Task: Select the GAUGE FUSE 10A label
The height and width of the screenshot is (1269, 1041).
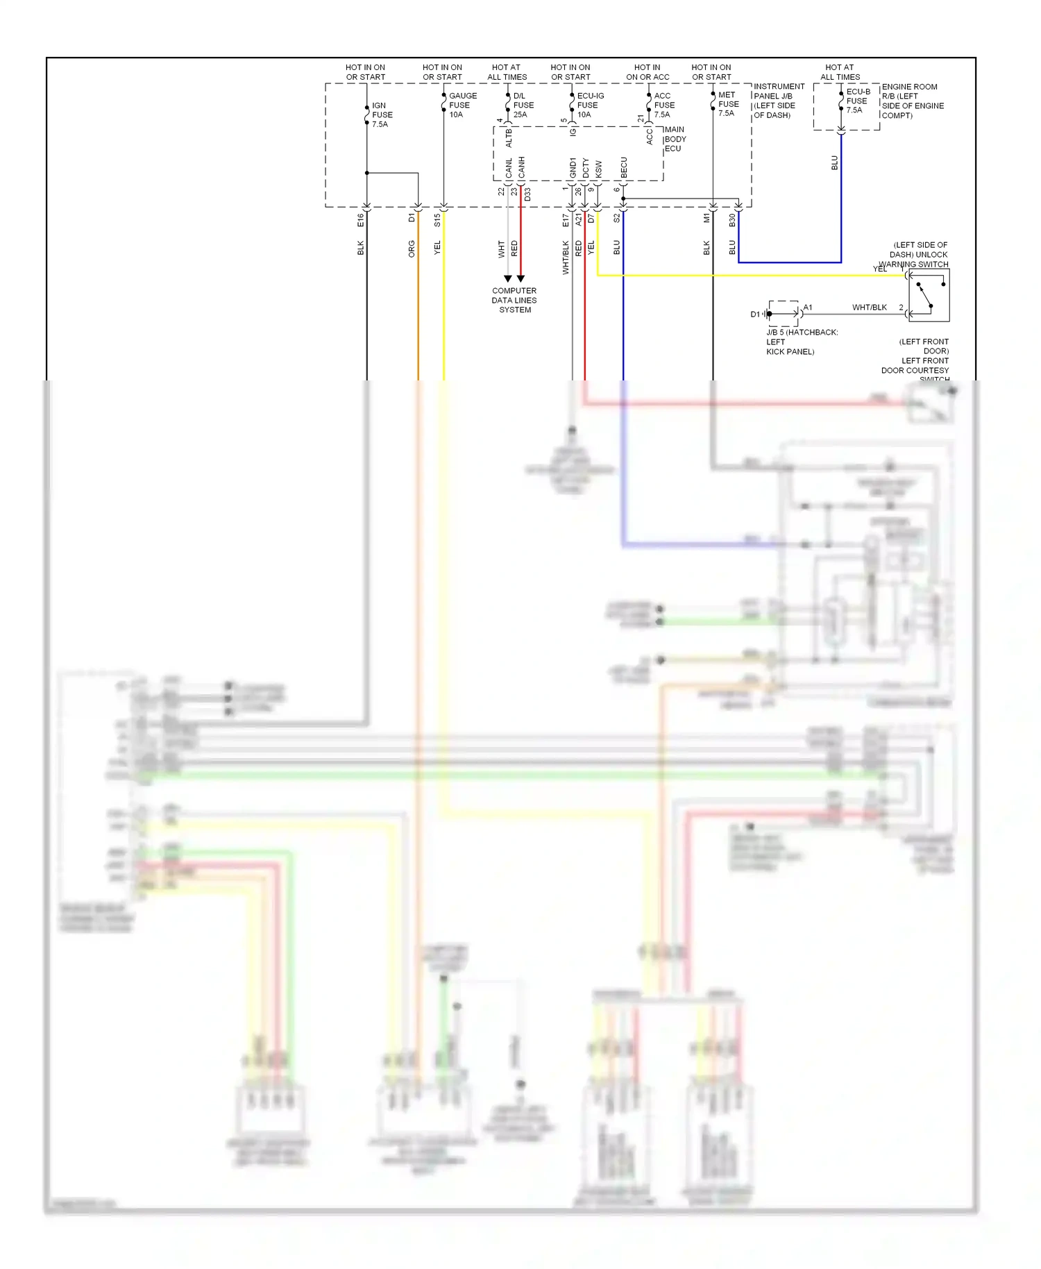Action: (462, 106)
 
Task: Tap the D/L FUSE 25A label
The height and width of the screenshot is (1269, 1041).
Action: (523, 106)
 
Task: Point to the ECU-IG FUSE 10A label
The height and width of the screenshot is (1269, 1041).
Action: (590, 106)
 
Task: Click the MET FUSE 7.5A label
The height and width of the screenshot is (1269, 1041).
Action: (728, 104)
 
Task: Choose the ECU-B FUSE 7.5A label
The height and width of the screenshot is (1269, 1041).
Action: (858, 101)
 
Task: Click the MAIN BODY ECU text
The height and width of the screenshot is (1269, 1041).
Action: (675, 139)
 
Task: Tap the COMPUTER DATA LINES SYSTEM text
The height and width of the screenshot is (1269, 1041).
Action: (514, 301)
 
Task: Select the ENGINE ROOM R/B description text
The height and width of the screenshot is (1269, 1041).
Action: (913, 101)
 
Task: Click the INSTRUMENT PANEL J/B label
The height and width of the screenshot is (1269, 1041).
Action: (779, 101)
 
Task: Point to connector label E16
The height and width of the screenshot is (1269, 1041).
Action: (360, 220)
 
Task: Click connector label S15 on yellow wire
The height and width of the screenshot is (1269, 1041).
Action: (437, 220)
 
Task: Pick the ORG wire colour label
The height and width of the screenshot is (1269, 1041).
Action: (412, 249)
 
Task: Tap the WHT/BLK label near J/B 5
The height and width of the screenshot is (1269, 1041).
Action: (869, 308)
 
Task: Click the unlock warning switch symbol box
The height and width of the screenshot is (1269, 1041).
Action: (929, 296)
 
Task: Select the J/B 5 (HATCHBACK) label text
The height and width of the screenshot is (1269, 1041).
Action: (801, 342)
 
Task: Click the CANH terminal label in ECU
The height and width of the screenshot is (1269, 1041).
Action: (521, 167)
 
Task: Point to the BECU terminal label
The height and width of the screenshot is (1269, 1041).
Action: (623, 167)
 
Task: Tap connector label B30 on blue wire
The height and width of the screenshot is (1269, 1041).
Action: (732, 220)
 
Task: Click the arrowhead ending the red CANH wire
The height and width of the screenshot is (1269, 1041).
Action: (520, 278)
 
